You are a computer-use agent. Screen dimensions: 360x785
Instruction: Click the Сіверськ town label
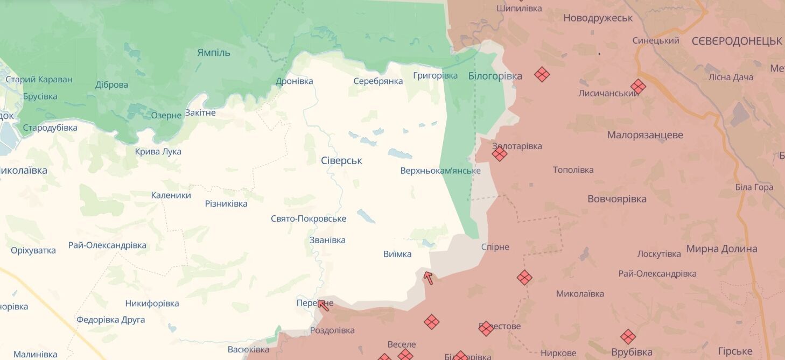coord(341,160)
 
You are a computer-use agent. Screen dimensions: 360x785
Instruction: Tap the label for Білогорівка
coord(495,76)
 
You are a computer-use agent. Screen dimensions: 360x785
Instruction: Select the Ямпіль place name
coord(213,52)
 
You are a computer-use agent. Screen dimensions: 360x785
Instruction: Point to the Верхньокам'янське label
coord(440,171)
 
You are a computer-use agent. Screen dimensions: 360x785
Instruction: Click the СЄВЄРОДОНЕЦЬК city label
coord(736,41)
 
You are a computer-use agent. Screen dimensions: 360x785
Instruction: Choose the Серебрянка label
coord(378,81)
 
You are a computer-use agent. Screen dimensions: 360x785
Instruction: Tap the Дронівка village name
coord(294,81)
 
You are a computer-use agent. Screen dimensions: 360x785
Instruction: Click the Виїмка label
coord(397,254)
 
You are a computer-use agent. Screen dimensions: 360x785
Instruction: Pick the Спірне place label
coord(495,247)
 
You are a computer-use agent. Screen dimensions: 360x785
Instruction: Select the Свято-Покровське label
coord(308,218)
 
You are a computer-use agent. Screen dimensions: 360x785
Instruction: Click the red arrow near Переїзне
coord(323,305)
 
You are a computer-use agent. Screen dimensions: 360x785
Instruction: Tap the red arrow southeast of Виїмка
coord(428,277)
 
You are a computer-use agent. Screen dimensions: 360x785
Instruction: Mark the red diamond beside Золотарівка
coord(500,154)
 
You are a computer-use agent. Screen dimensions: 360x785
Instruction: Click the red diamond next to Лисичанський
coord(638,86)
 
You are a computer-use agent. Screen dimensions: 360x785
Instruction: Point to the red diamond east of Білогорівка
coord(542,74)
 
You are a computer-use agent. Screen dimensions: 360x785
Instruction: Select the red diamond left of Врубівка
coord(628,337)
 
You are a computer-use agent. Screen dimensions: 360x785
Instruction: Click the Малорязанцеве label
coord(644,135)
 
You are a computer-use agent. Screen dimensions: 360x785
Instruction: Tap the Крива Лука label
coord(158,151)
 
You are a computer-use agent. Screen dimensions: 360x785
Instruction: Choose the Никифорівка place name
coord(152,303)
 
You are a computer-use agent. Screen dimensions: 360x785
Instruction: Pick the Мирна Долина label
coord(721,249)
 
